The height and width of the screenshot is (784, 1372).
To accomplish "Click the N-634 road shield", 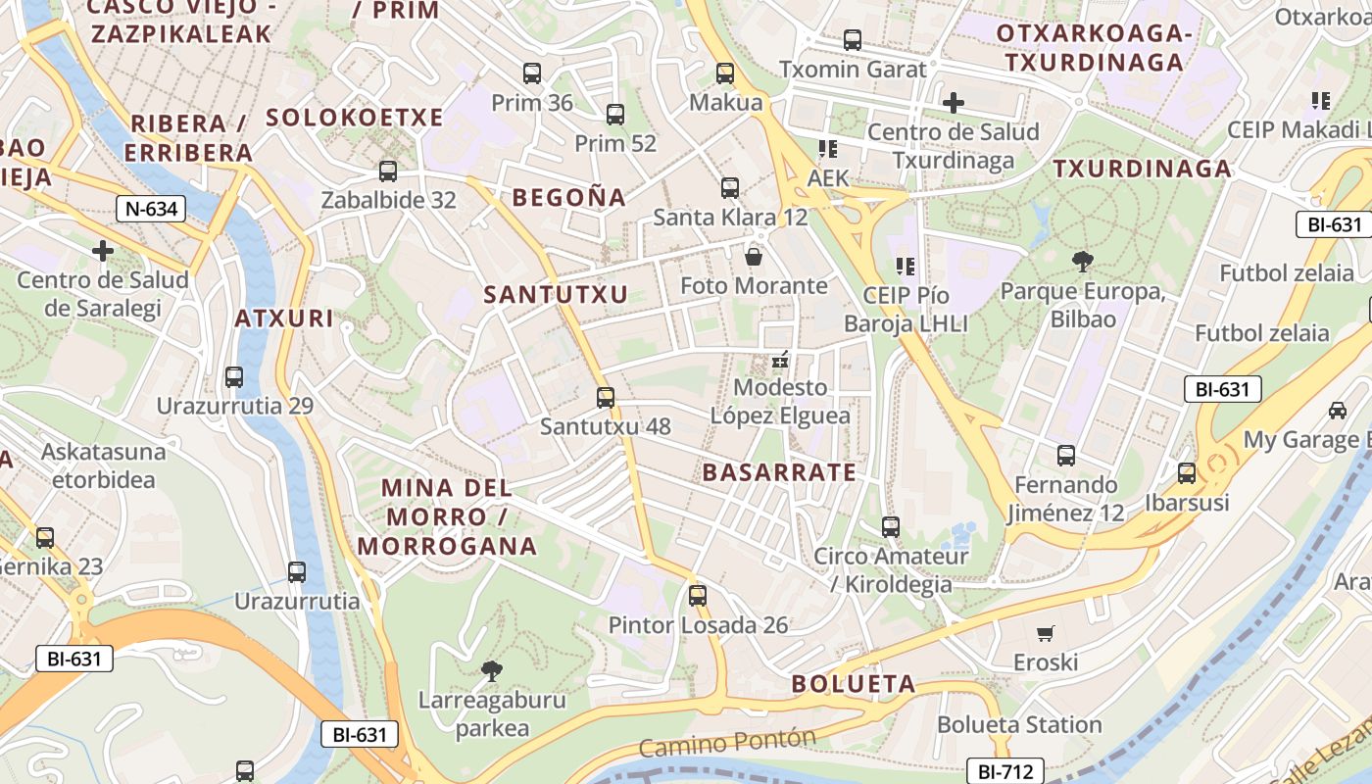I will (x=151, y=208).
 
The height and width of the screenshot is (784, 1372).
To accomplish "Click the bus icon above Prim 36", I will (x=532, y=73).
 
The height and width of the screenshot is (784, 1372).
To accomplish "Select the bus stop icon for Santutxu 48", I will (x=606, y=397).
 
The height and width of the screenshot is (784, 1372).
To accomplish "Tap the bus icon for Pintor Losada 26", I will (x=698, y=595).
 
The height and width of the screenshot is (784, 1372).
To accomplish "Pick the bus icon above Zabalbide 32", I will (x=388, y=171).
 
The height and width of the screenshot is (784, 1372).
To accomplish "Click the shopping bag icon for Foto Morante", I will (x=754, y=257).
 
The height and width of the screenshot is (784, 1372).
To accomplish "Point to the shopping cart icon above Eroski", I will (x=1046, y=634).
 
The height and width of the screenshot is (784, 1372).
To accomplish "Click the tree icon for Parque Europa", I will (x=1082, y=262).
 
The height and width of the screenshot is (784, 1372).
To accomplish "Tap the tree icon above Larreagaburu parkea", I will (x=492, y=671).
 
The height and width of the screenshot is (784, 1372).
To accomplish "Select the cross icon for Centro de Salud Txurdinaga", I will (x=953, y=102).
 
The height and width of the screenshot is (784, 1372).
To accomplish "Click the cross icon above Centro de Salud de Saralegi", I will (x=103, y=251).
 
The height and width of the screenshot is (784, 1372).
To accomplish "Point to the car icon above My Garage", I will (x=1338, y=411).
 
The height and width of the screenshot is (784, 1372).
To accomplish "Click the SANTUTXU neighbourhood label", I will (x=556, y=294).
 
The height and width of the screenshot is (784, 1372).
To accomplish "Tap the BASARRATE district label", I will (x=779, y=472).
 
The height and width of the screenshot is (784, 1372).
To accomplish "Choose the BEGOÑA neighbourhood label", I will (x=568, y=198).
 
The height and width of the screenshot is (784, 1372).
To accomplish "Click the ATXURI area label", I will (x=284, y=318).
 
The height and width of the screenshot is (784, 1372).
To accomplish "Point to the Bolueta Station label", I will (x=1019, y=725).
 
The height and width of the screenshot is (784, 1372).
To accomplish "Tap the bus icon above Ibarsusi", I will (x=1187, y=473).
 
